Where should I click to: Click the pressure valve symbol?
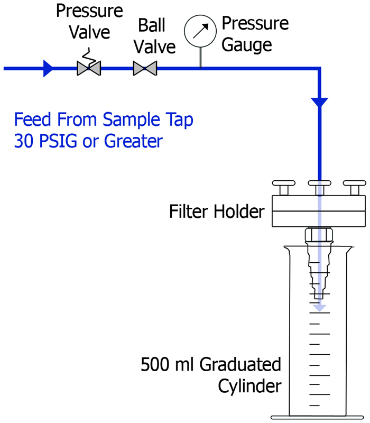tap(89, 68)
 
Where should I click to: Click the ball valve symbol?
tap(144, 68)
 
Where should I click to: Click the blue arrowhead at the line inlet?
tap(48, 68)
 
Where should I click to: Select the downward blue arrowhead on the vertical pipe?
tap(319, 102)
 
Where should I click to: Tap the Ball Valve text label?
tap(154, 36)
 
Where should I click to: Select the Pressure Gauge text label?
tap(255, 33)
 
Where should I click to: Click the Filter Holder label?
tap(216, 212)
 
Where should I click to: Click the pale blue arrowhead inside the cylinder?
tap(319, 308)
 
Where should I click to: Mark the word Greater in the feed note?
tap(134, 141)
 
